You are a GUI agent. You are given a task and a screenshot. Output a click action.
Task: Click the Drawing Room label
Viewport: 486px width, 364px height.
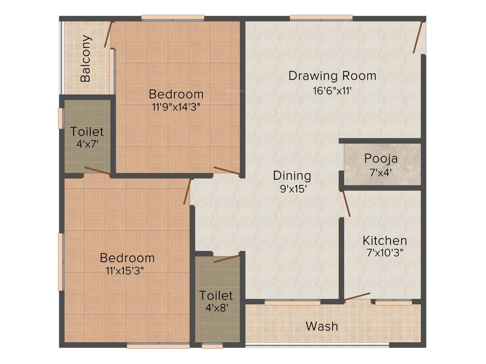(332, 76)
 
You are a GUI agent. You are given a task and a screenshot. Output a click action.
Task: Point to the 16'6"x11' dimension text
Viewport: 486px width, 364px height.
(332, 91)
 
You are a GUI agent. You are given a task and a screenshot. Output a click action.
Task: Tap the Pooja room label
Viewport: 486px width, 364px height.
(381, 158)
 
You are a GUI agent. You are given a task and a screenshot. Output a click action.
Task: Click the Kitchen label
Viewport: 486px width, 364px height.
(384, 240)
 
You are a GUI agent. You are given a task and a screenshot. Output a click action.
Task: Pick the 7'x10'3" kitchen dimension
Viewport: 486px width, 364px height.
(384, 253)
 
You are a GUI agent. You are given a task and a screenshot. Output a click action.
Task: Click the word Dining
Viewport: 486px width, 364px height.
(292, 176)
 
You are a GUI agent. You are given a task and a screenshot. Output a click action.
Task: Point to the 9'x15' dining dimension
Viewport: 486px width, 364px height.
(292, 189)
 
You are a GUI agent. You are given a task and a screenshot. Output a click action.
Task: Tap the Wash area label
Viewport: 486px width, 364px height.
(322, 326)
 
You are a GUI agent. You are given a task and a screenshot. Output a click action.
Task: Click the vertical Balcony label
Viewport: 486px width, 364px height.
(86, 59)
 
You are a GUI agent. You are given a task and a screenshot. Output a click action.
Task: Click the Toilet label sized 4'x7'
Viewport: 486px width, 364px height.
(87, 131)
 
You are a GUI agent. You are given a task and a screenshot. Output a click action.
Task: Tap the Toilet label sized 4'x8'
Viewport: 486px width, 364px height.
(216, 296)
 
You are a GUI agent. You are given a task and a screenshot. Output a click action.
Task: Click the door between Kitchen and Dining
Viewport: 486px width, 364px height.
(346, 203)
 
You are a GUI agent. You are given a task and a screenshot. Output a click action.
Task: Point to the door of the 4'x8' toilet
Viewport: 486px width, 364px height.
(226, 259)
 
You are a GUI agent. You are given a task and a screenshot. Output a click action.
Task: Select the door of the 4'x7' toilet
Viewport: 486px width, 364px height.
(97, 171)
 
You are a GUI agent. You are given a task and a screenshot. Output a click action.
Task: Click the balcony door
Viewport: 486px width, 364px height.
(109, 35)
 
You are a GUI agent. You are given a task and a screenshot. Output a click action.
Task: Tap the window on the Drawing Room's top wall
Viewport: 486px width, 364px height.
(321, 18)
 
